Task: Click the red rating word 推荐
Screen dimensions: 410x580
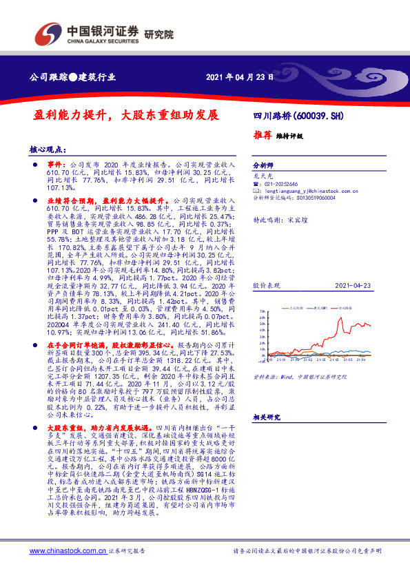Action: [x=263, y=136]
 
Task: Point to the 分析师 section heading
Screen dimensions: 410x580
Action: [x=263, y=166]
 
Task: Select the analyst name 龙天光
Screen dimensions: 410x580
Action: [x=263, y=176]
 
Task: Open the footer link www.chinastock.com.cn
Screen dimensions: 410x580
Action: [x=68, y=551]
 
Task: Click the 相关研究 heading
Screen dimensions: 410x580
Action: [x=266, y=417]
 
